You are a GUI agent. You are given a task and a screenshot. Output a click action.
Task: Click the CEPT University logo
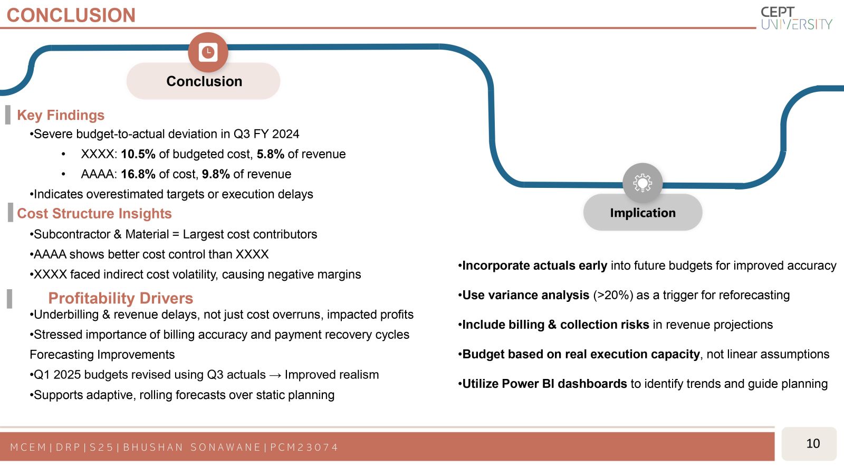(796, 18)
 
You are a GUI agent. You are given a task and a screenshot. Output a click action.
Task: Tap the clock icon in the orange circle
(208, 52)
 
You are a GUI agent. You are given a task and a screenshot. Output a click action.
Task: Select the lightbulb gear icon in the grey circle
(642, 183)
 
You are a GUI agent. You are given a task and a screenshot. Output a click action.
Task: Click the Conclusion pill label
(204, 81)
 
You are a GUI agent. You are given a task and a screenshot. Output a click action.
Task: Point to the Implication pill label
(643, 213)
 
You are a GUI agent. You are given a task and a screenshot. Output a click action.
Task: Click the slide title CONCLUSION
(71, 15)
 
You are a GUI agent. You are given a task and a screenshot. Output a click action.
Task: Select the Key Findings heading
(61, 115)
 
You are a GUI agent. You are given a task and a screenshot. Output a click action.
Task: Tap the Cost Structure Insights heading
(94, 213)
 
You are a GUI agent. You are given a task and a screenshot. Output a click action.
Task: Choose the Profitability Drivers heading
(121, 298)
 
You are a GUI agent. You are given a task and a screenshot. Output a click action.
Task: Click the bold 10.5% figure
(138, 154)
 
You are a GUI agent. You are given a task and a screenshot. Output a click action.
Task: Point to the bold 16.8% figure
(138, 174)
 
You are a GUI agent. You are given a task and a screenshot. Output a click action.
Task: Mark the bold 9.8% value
(216, 174)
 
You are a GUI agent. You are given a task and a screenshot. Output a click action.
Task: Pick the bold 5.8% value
(271, 154)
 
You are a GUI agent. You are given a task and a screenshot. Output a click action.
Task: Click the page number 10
(813, 443)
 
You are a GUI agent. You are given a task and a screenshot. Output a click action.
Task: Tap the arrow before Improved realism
(275, 375)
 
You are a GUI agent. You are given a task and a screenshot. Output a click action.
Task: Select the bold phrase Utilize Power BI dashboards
(544, 384)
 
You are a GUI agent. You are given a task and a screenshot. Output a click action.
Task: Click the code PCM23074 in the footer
(304, 447)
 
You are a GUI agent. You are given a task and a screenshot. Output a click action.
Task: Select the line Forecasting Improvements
(102, 355)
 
